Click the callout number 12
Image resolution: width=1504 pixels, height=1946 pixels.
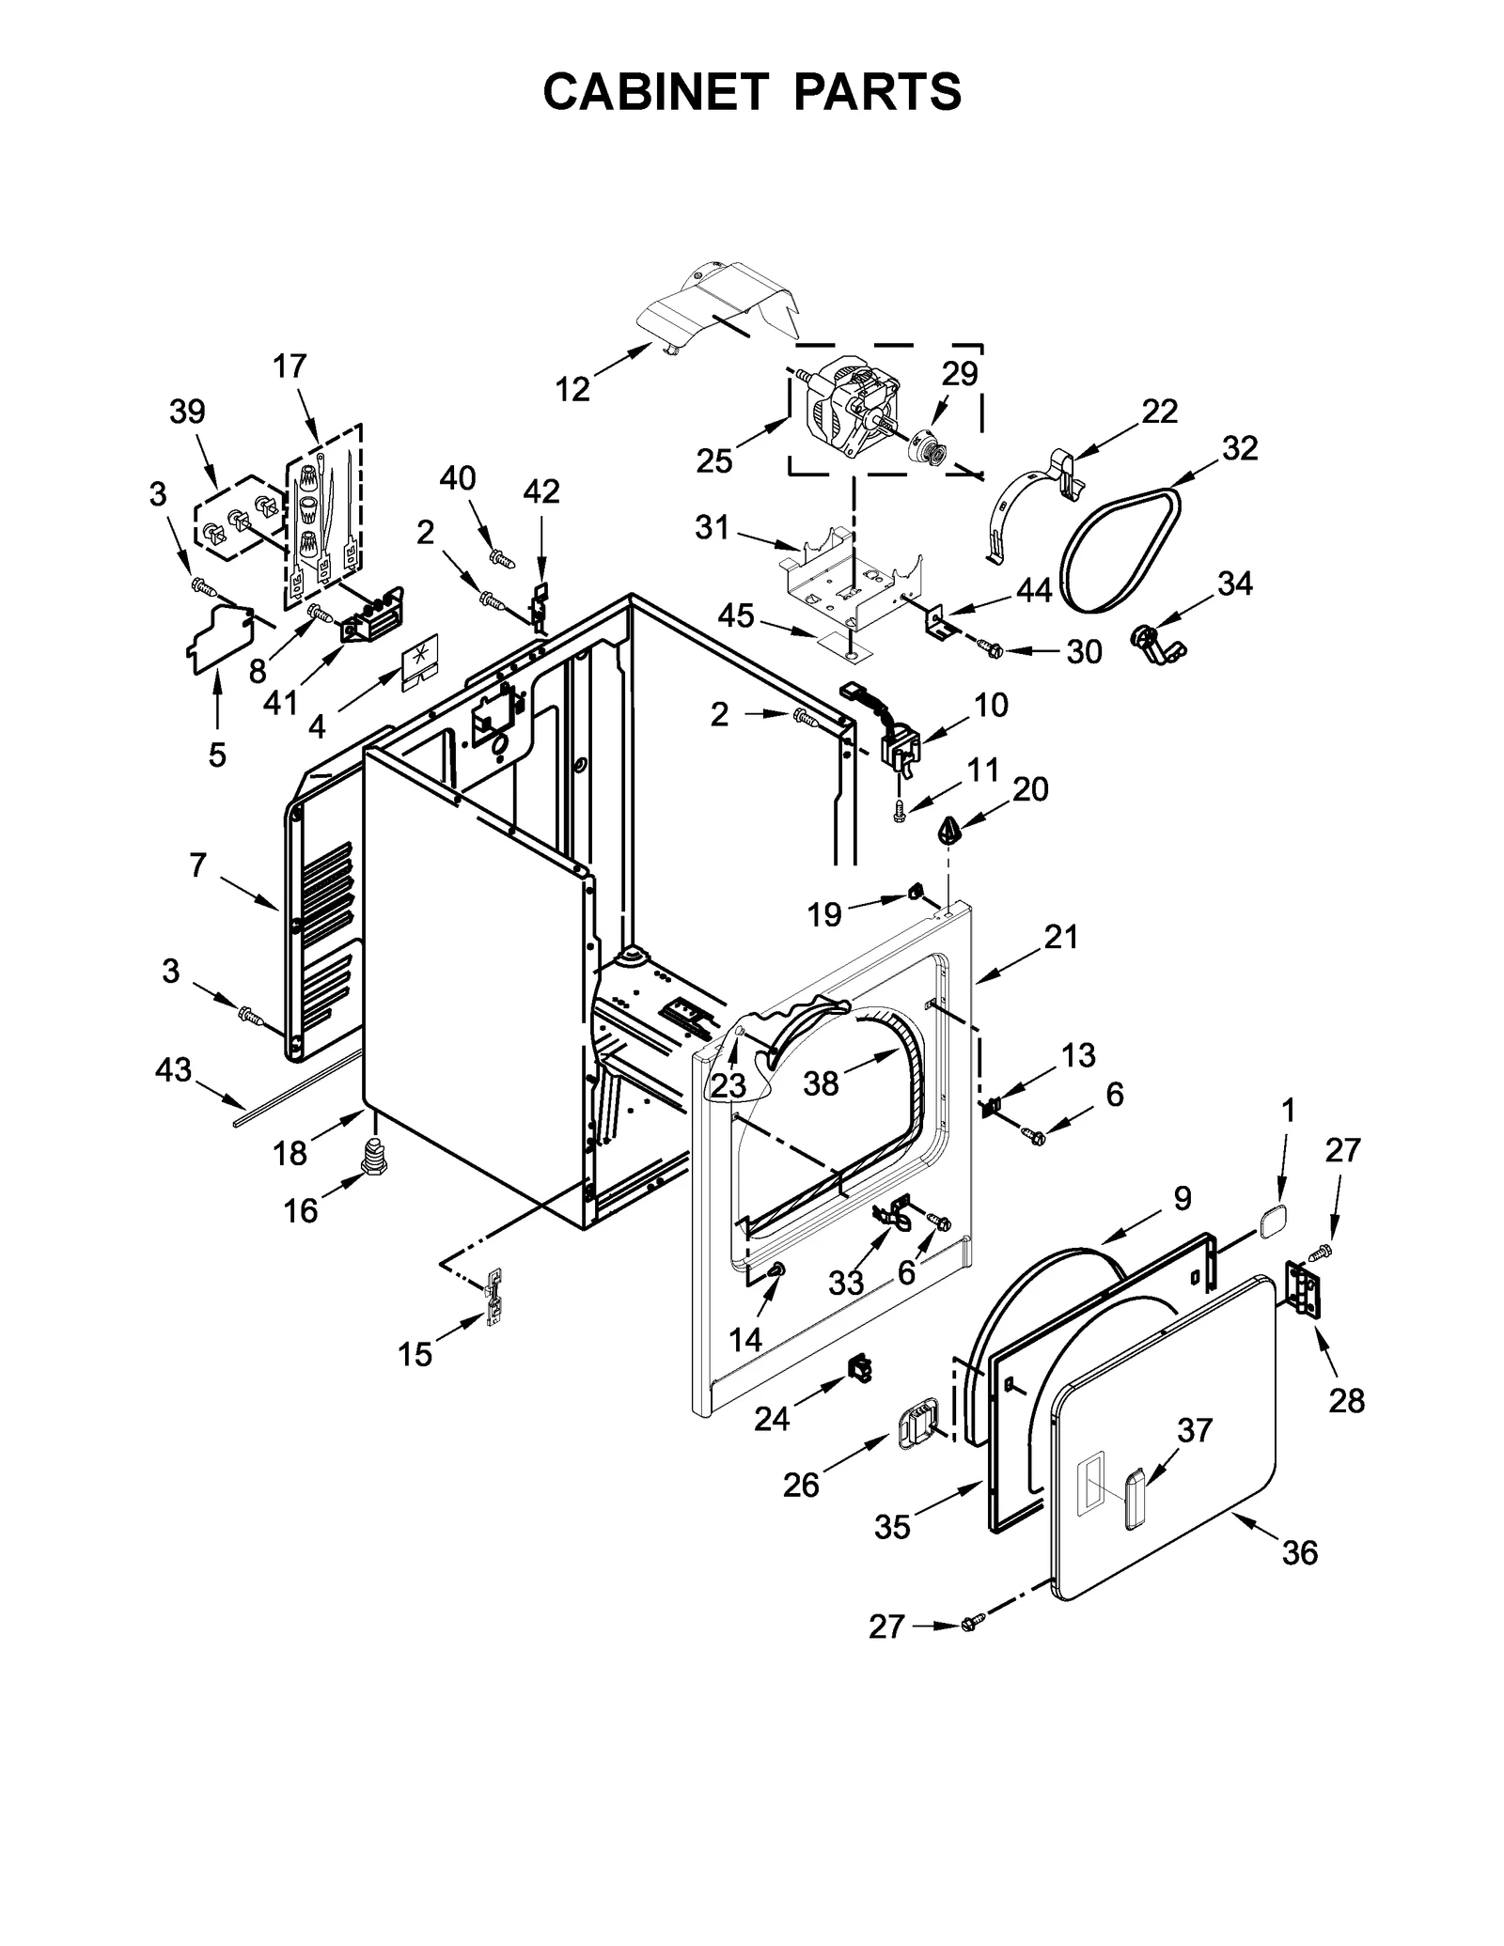point(572,389)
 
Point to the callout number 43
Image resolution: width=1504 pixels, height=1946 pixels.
point(173,1069)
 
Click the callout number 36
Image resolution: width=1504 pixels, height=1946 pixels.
point(1300,1553)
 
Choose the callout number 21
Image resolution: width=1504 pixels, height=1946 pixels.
point(1060,937)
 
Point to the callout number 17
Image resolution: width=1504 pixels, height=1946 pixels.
point(290,366)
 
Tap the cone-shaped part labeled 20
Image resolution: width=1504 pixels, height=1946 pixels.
point(950,831)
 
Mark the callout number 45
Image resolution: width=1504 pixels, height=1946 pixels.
point(736,616)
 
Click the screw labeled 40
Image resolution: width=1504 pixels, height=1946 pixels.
point(503,560)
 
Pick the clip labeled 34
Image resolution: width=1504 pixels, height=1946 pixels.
point(1153,646)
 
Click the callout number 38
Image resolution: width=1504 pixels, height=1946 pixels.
point(821,1083)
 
